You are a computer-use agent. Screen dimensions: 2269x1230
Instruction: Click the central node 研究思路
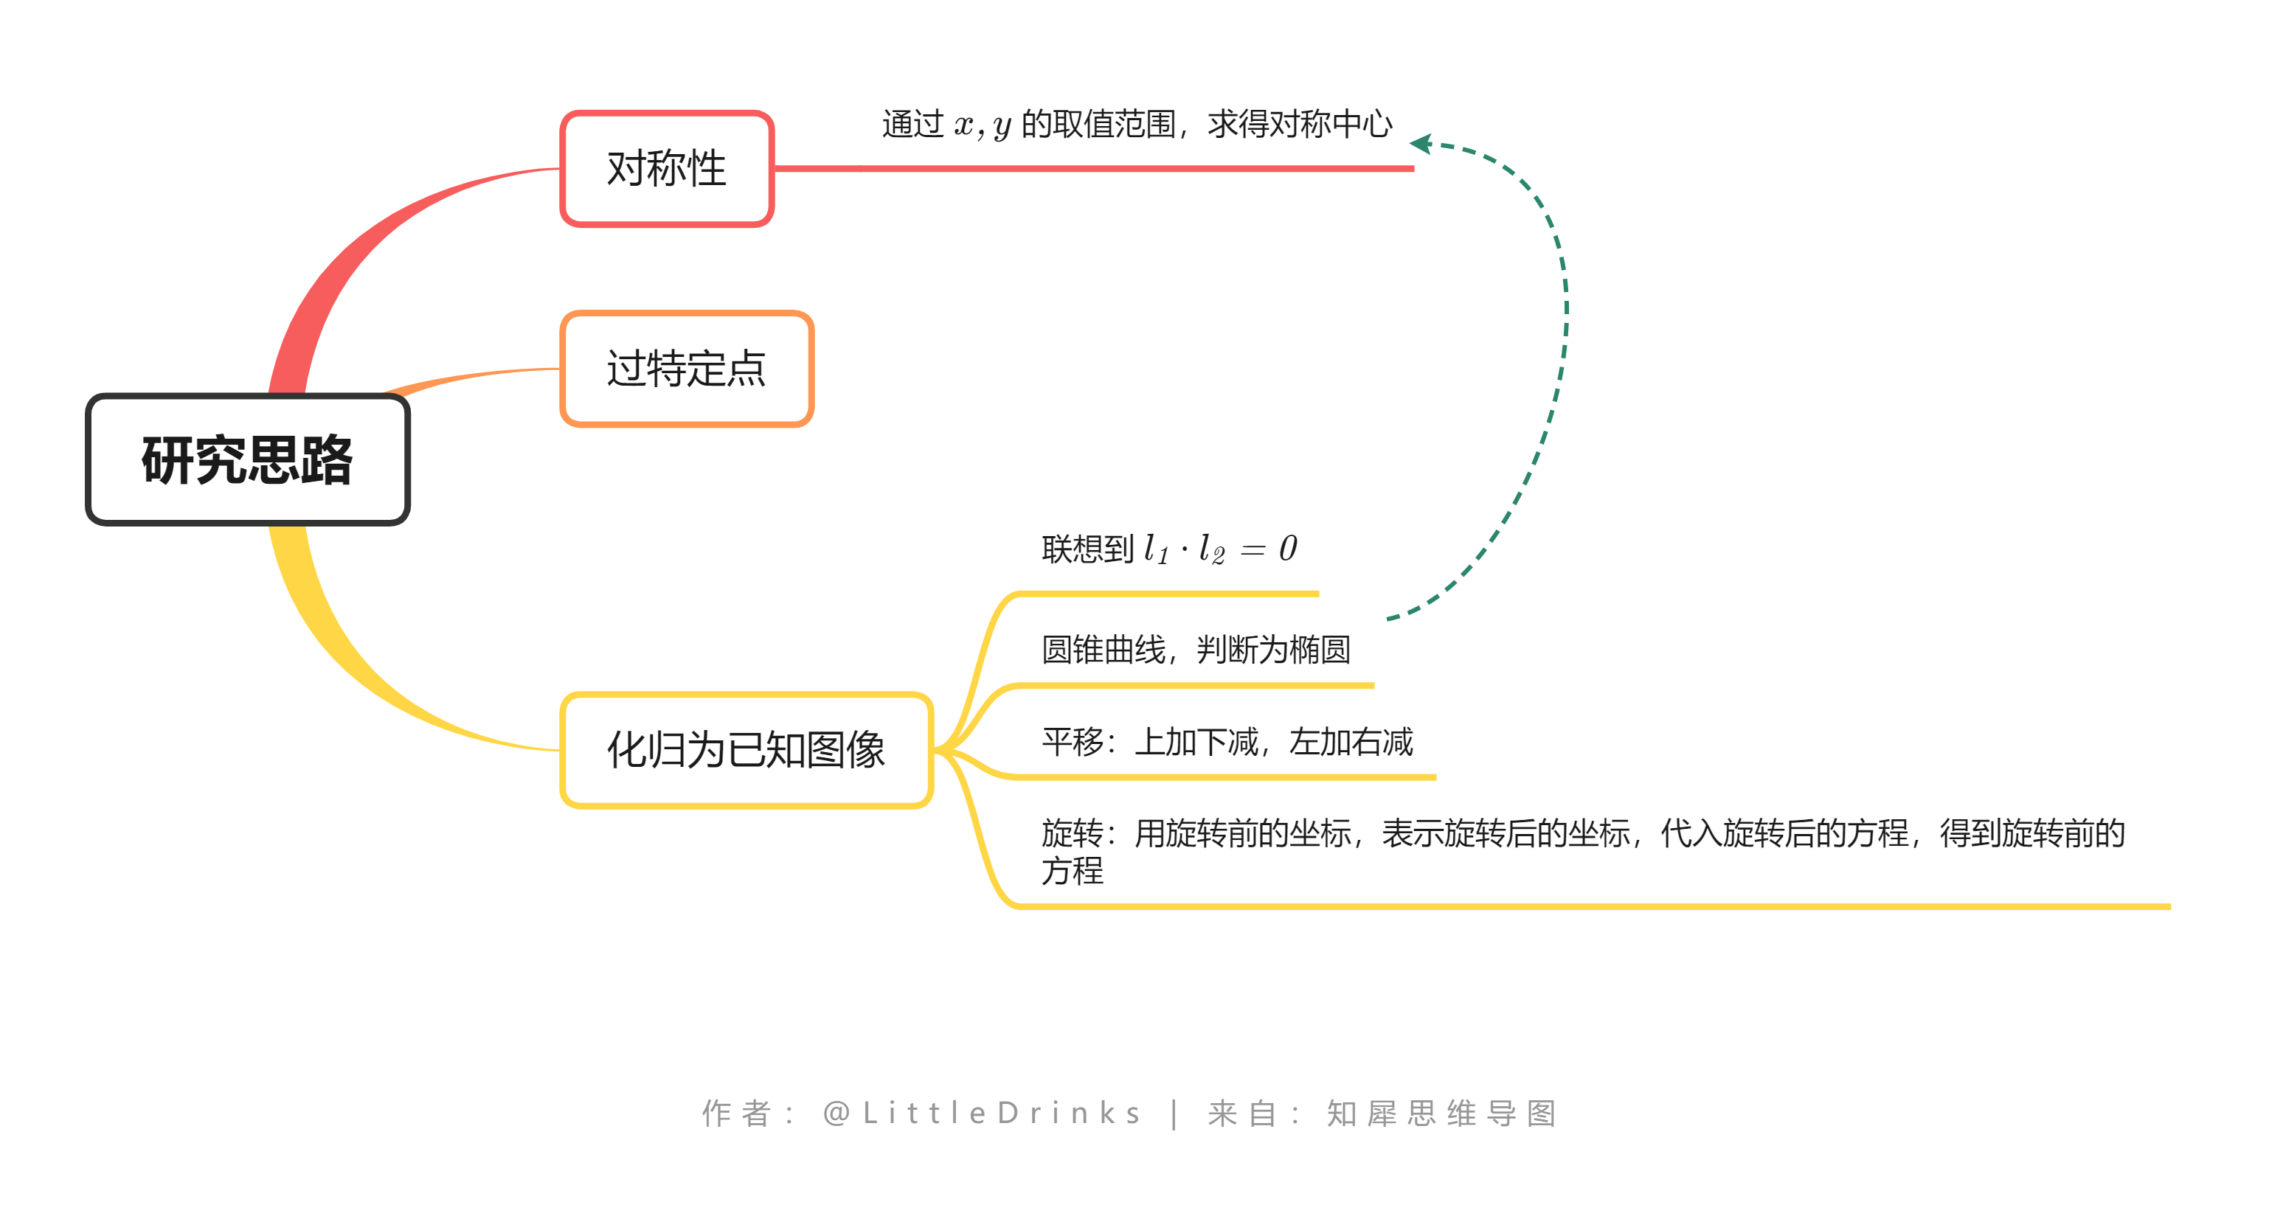tap(248, 459)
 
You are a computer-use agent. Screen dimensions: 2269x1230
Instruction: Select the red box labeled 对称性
tap(667, 168)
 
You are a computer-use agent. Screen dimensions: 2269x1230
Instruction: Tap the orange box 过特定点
tap(686, 368)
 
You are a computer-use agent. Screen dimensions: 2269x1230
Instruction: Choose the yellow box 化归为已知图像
tap(746, 750)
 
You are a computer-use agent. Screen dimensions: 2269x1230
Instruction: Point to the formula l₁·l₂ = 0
tap(1220, 549)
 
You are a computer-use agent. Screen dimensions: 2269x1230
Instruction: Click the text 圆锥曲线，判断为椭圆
tap(1195, 650)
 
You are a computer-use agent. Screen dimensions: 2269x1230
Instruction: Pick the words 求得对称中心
tap(1300, 124)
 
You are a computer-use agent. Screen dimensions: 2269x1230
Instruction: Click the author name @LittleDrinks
tap(982, 1113)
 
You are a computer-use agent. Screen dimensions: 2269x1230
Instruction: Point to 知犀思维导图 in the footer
tap(1442, 1113)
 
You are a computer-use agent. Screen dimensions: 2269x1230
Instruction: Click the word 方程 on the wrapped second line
tap(1072, 871)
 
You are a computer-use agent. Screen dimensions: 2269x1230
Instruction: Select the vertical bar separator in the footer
tap(1175, 1113)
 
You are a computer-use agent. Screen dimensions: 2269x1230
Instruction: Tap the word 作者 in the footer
tap(737, 1113)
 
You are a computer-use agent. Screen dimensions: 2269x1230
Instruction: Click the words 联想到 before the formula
tap(1087, 549)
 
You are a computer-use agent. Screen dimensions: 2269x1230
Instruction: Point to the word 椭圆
tap(1320, 650)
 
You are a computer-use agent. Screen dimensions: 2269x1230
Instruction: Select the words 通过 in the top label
tap(913, 124)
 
